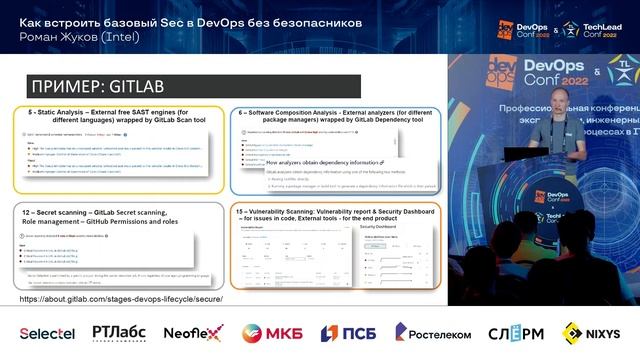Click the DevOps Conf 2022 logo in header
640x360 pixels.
point(520,28)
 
